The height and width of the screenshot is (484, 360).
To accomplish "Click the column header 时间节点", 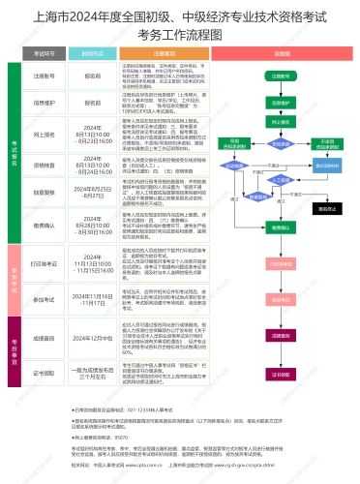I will [92, 56].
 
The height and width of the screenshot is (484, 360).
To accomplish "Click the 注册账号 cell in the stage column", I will [44, 74].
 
